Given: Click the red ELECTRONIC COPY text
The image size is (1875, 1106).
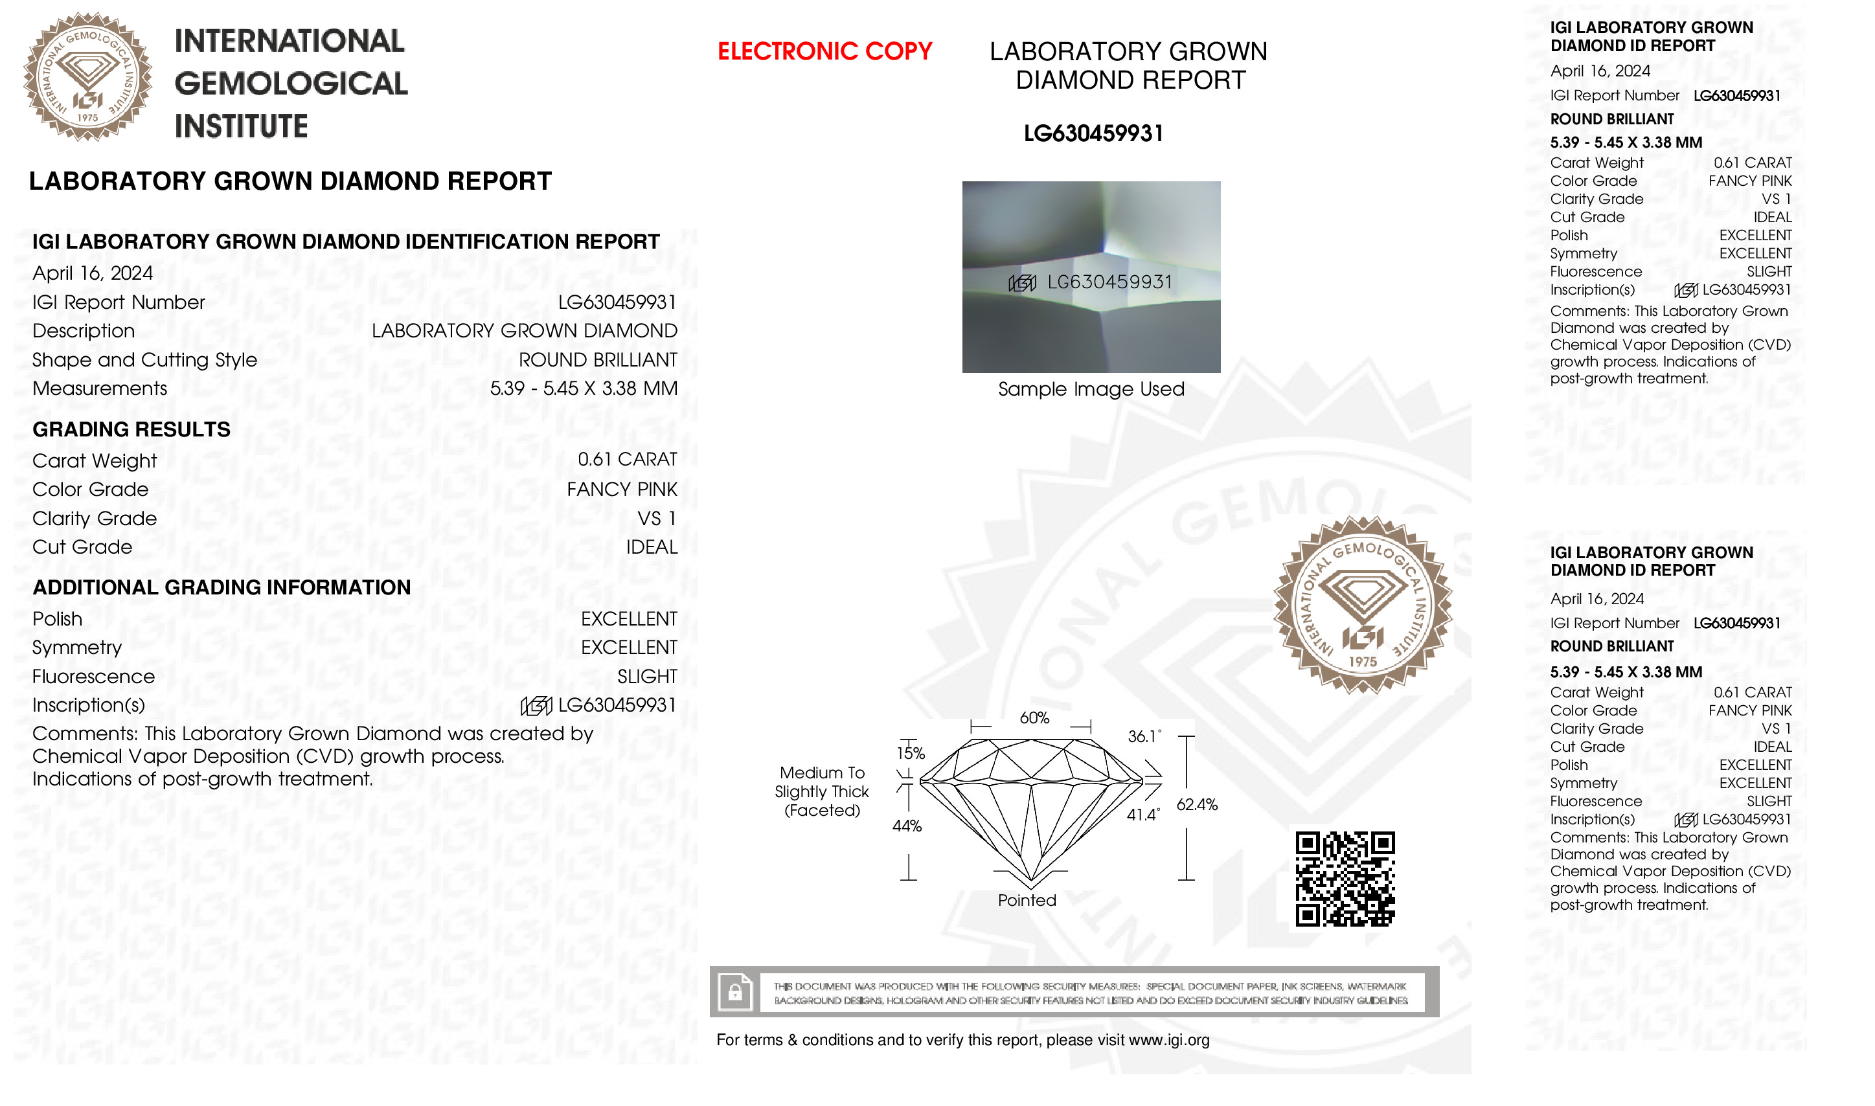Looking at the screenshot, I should (x=824, y=51).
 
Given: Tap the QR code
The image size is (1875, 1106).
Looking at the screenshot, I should (x=1345, y=879).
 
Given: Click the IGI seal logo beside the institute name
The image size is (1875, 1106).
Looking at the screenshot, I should (x=88, y=77).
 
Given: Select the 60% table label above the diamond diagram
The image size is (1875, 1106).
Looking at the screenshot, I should (x=1034, y=717).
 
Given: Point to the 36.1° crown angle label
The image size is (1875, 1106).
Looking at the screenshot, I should (x=1144, y=736).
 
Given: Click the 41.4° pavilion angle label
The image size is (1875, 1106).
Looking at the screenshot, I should (x=1143, y=815).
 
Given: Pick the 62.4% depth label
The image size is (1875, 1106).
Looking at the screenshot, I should (x=1197, y=804).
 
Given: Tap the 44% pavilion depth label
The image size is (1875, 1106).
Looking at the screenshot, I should (x=907, y=826).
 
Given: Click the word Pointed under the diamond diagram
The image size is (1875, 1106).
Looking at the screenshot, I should (x=1027, y=900).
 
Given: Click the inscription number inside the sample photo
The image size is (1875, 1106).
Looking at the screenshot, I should (x=1109, y=282).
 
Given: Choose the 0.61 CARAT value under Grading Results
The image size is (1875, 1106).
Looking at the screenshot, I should (x=627, y=459).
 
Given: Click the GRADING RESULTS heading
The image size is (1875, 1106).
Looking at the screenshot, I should (x=132, y=429).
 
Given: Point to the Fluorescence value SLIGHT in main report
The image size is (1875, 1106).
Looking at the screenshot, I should (x=647, y=676).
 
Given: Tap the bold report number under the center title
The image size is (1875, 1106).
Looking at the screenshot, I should (x=1093, y=133).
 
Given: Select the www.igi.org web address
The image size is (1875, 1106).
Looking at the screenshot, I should (x=1168, y=1040).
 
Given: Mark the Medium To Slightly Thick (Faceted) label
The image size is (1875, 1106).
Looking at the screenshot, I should (x=822, y=791).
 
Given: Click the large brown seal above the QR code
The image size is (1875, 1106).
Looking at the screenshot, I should (x=1362, y=605).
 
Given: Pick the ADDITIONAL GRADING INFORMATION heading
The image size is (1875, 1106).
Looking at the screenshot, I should (x=222, y=587).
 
